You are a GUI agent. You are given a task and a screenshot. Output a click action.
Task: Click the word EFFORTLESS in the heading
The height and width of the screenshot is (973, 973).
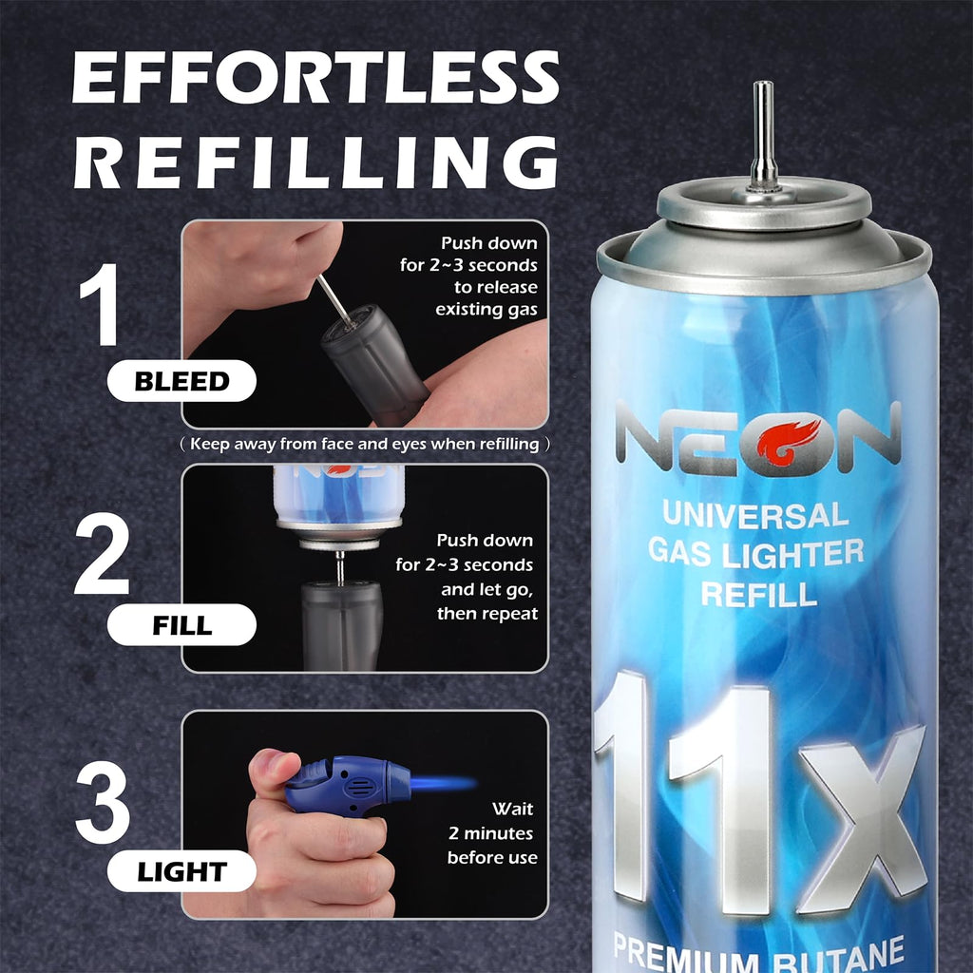pyautogui.click(x=315, y=76)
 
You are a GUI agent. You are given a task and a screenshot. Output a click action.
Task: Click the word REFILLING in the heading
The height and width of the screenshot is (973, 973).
pyautogui.click(x=315, y=162)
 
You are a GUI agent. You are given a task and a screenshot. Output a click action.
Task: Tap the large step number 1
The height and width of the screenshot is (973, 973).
pyautogui.click(x=101, y=303)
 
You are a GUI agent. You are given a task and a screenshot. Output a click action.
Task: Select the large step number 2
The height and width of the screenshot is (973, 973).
pyautogui.click(x=102, y=554)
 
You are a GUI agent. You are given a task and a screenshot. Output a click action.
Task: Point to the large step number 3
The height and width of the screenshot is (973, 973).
pyautogui.click(x=103, y=802)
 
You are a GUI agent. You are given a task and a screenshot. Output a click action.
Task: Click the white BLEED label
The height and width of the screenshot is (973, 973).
pyautogui.click(x=181, y=380)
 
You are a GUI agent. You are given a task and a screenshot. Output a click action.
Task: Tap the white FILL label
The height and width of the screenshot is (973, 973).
pyautogui.click(x=181, y=625)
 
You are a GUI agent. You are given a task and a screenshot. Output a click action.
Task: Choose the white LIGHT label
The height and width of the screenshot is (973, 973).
pyautogui.click(x=181, y=871)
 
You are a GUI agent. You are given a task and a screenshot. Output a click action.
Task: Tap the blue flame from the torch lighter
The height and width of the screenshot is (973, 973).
pyautogui.click(x=443, y=783)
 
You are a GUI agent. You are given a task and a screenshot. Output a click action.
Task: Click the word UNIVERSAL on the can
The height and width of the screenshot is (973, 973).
pyautogui.click(x=755, y=515)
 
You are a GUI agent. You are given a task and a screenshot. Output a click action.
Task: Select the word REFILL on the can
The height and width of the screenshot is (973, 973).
pyautogui.click(x=759, y=594)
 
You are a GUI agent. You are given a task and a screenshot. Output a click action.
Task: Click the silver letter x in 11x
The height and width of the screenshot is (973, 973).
pyautogui.click(x=863, y=818)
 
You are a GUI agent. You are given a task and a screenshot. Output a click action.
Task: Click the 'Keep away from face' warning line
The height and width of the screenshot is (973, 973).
pyautogui.click(x=365, y=445)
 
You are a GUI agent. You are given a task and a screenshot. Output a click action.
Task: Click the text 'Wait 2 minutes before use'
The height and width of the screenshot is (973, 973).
pyautogui.click(x=492, y=832)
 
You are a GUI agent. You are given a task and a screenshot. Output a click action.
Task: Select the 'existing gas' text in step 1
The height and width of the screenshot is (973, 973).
pyautogui.click(x=486, y=309)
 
